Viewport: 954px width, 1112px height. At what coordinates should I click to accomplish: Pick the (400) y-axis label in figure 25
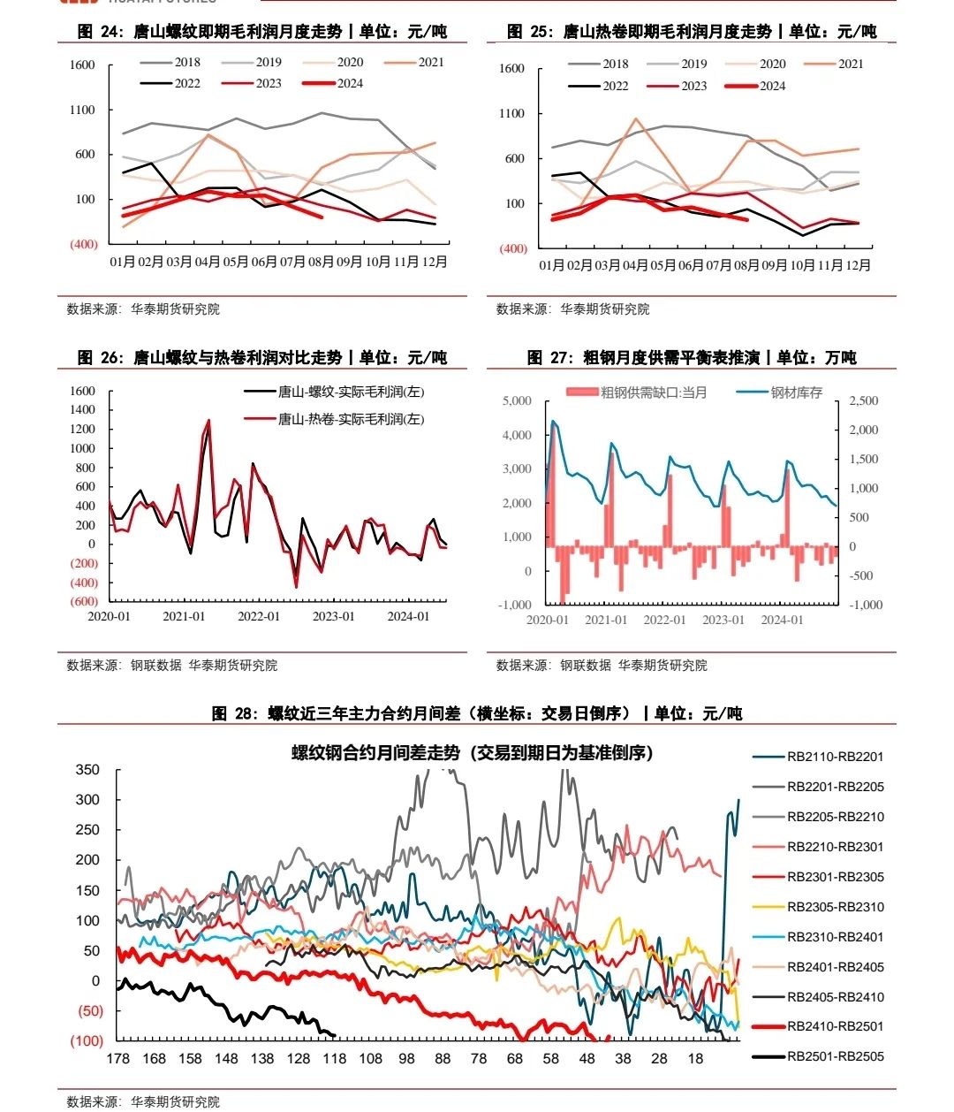[x=512, y=248]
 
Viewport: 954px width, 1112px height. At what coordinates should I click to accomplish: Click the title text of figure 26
[x=262, y=357]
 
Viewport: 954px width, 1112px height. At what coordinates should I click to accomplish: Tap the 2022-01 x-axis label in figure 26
[x=259, y=616]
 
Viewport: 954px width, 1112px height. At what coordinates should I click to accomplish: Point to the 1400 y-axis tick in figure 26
[x=82, y=409]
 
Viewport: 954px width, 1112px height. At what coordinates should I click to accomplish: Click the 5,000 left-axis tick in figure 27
[x=517, y=401]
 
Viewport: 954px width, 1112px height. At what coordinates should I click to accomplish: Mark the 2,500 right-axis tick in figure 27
[x=864, y=401]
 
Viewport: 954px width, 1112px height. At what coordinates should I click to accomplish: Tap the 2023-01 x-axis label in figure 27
[x=723, y=620]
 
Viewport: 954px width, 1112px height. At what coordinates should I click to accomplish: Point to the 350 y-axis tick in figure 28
[x=87, y=769]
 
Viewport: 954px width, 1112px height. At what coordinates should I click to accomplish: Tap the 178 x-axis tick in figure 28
[x=117, y=1059]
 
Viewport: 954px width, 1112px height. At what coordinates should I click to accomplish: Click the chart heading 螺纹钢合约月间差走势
[x=473, y=753]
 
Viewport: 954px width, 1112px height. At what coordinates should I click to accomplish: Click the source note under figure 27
[x=602, y=665]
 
